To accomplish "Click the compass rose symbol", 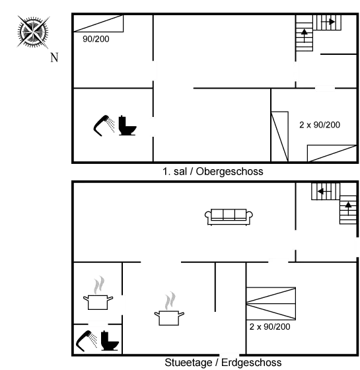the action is pos(33,32).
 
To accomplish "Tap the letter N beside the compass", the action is pos(54,57).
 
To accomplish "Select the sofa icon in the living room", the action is pos(229,217).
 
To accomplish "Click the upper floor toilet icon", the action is pos(127,126).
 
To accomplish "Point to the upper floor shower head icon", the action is pos(104,126).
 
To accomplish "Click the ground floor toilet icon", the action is pos(110,341).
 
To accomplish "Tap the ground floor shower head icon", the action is pos(87,341).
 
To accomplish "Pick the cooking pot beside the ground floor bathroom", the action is pos(98,293).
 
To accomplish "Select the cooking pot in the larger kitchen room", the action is pos(169,309).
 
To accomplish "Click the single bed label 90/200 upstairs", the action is pos(96,39).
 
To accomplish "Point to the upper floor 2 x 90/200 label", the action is pos(320,125).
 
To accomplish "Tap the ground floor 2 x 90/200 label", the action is pos(270,326).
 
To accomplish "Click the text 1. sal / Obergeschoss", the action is pos(213,171).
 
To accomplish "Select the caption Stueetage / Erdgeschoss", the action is pos(223,363).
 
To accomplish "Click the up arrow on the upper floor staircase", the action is pos(305,36).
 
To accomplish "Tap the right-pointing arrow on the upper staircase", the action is pos(328,22).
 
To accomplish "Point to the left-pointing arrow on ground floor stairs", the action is pos(324,191).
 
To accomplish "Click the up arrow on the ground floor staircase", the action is pos(348,209).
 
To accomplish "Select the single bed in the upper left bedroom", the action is pos(98,23).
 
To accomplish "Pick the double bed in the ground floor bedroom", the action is pos(271,303).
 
